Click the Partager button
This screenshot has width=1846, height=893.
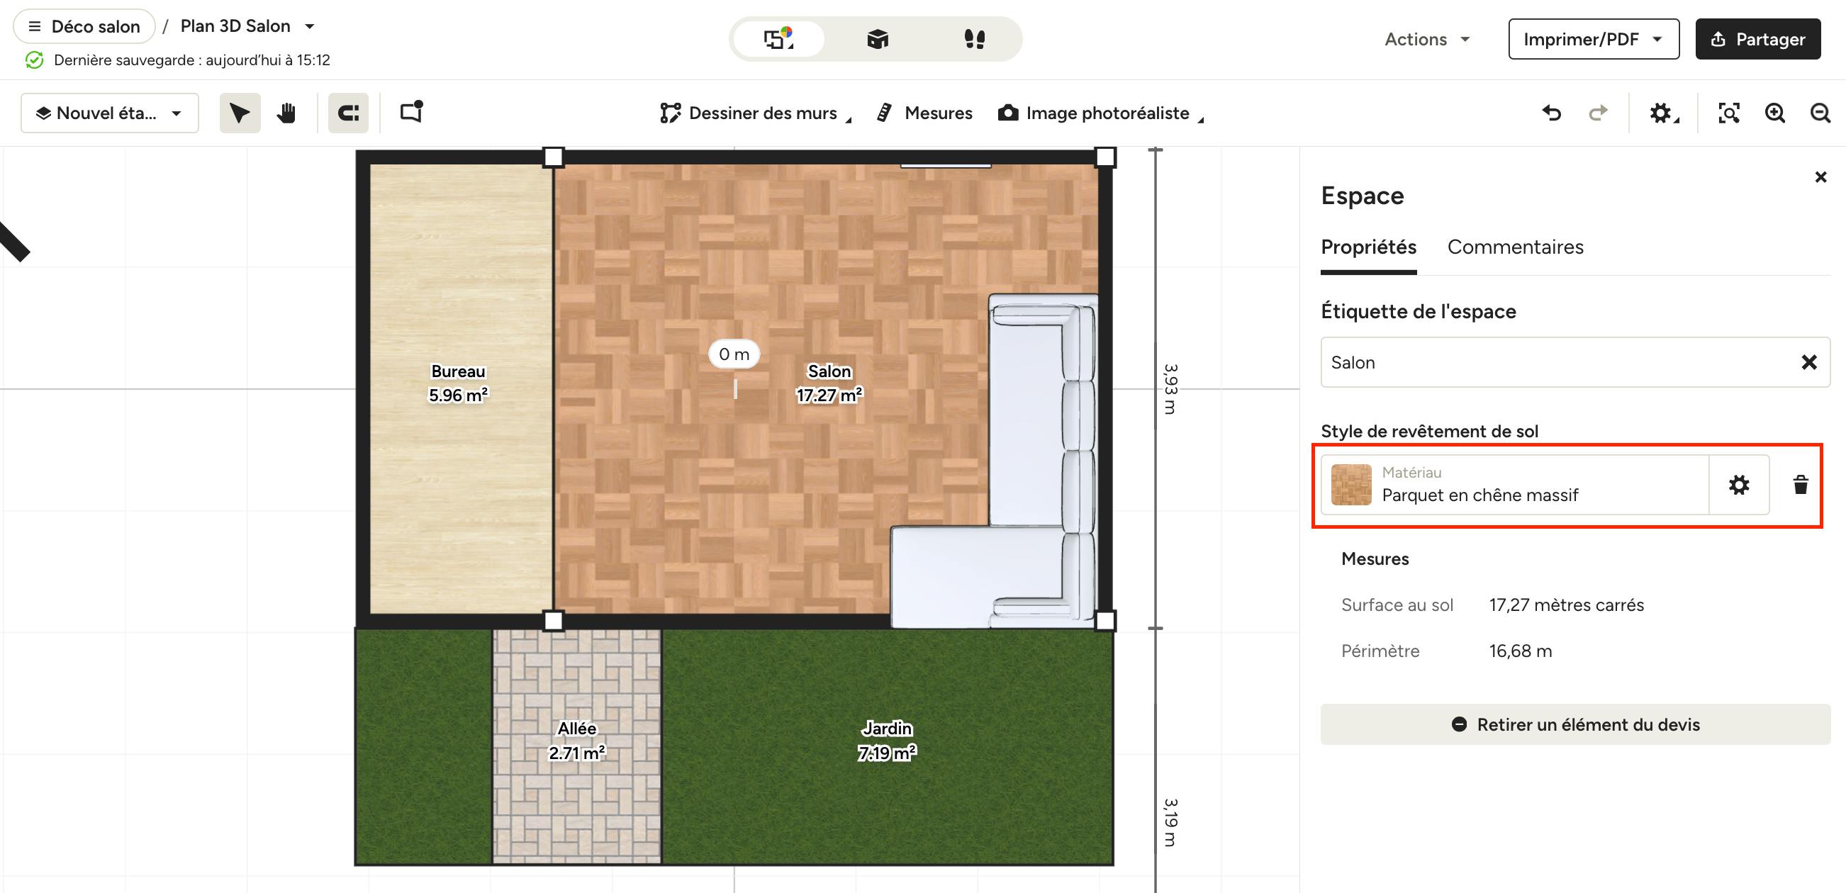1757,40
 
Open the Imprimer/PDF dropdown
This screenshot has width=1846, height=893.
1593,40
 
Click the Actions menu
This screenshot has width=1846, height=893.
1427,40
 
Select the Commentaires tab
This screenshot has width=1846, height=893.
1515,247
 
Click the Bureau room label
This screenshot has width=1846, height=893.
459,371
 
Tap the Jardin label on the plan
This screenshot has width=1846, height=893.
887,728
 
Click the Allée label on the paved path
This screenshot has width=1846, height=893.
577,728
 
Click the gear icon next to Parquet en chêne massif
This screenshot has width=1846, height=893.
1738,485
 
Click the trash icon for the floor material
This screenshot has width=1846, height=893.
1800,485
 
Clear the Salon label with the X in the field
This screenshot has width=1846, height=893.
1808,363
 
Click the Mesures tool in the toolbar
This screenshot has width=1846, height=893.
924,113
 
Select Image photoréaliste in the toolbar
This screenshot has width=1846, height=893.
1101,113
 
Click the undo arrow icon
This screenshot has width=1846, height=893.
1552,113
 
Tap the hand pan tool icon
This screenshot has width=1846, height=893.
286,113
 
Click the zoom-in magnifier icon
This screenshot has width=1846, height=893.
1774,113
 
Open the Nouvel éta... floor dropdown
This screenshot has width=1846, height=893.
110,113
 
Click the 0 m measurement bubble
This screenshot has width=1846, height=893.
734,354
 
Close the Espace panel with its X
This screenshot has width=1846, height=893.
1820,177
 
